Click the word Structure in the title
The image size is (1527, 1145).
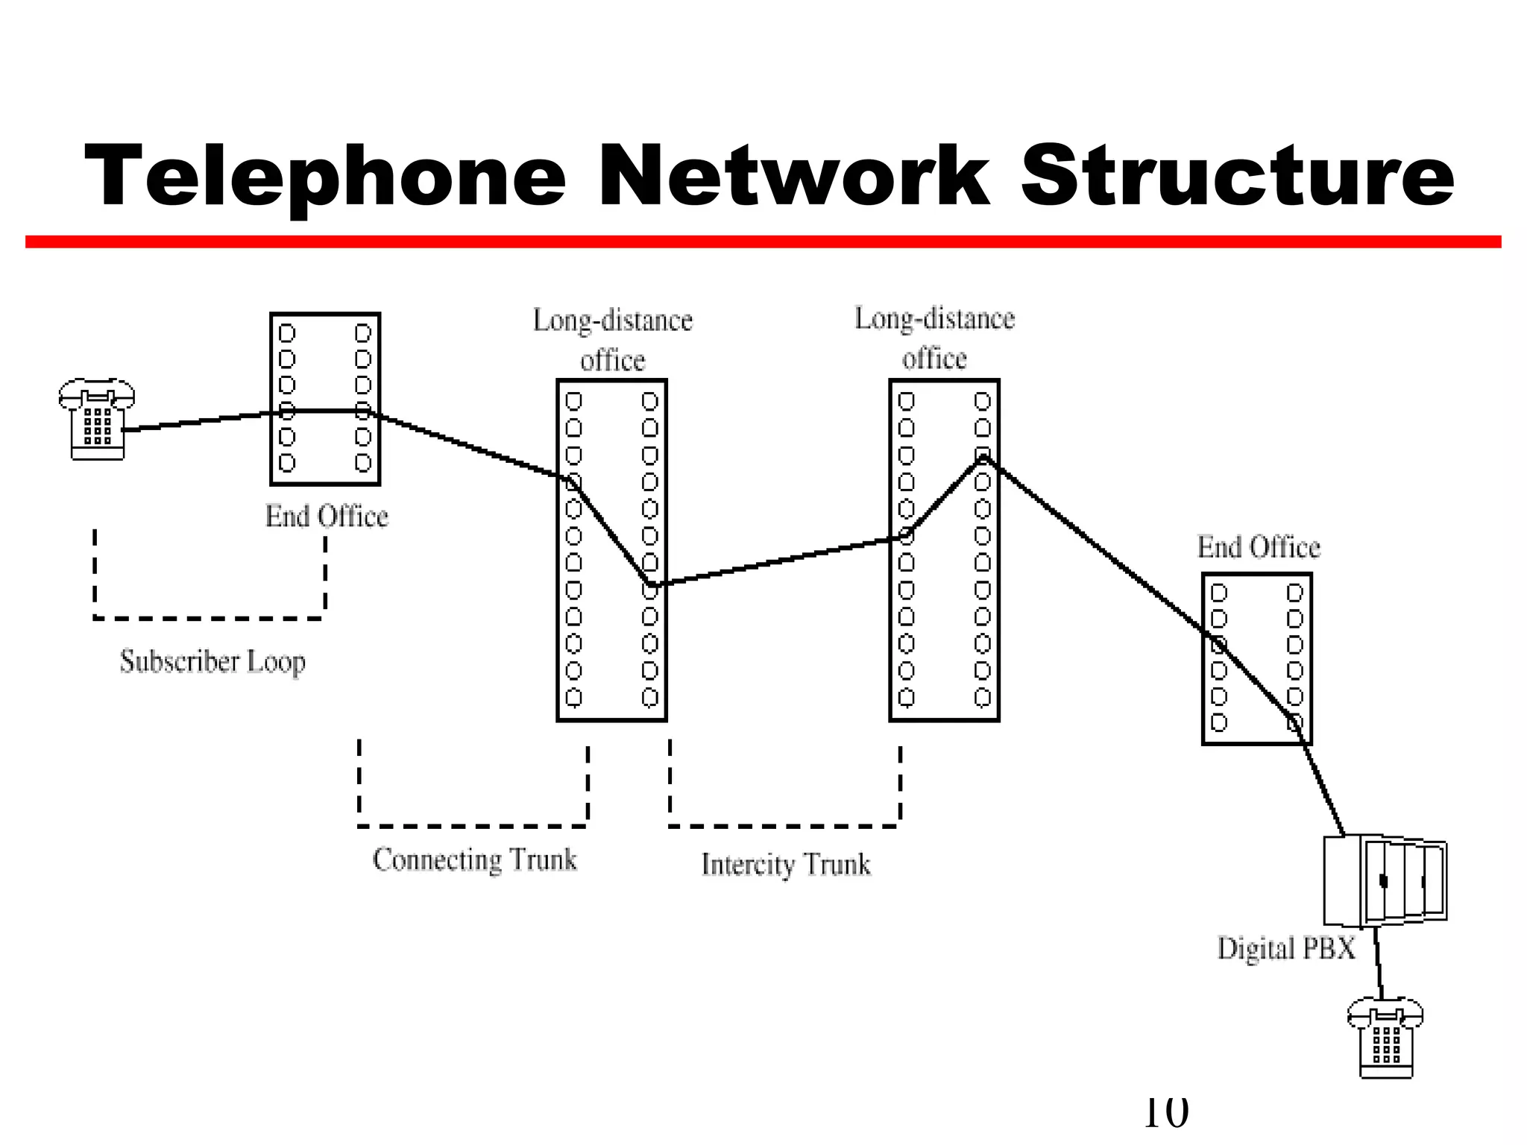click(x=1237, y=177)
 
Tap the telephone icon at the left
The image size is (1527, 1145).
click(x=97, y=420)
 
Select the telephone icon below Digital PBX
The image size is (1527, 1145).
click(x=1385, y=1038)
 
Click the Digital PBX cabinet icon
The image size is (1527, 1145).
click(x=1385, y=881)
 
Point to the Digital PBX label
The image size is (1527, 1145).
click(x=1286, y=948)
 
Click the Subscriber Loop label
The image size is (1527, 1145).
click(x=213, y=661)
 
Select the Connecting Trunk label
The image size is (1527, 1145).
click(x=475, y=859)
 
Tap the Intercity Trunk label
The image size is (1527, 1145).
click(x=786, y=865)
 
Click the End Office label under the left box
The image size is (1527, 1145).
click(x=327, y=517)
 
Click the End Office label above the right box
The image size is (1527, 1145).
click(x=1259, y=547)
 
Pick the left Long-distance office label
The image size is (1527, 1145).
click(x=613, y=340)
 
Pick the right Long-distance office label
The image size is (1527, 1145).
click(x=934, y=338)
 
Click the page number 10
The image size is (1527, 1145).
click(x=1165, y=1112)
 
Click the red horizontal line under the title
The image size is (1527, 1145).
click(x=763, y=242)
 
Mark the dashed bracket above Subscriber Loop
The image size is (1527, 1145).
click(x=210, y=618)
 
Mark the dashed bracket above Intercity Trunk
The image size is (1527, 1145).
click(x=784, y=825)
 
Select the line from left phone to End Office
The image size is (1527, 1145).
click(x=198, y=421)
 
